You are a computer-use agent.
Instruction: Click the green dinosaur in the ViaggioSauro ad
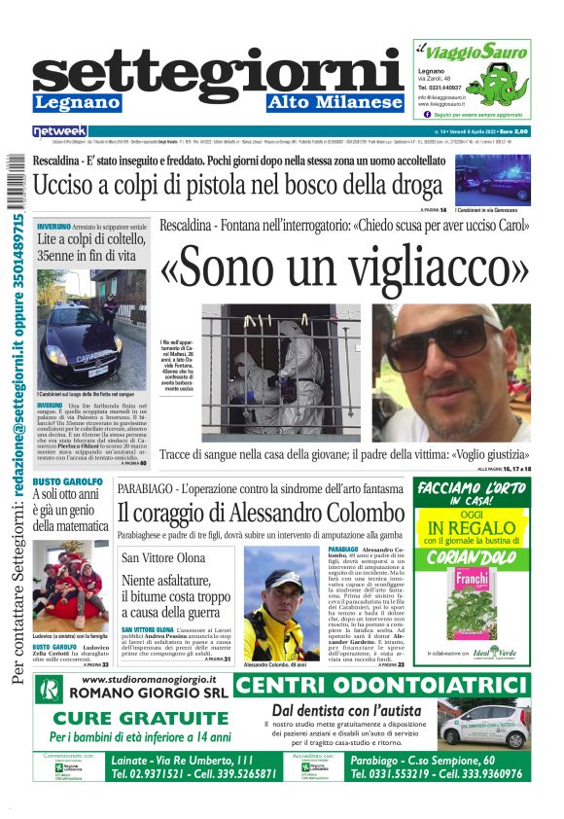click(x=505, y=73)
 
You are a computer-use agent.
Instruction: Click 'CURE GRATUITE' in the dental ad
click(x=133, y=719)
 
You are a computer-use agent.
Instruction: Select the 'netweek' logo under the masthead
click(x=59, y=130)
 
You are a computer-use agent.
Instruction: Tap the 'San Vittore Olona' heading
click(x=163, y=557)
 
